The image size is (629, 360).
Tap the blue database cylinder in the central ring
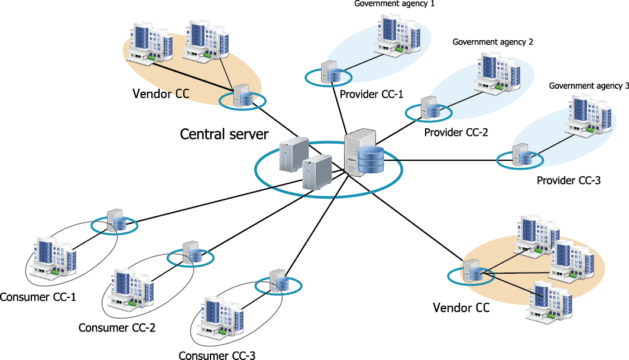[x=371, y=159]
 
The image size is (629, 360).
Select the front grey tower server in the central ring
[x=317, y=172]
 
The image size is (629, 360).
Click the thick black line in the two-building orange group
[x=183, y=78]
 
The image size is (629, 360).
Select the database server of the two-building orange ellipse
[x=242, y=96]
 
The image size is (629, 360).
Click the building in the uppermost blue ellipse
[x=398, y=34]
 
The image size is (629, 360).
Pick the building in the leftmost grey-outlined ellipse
[x=53, y=256]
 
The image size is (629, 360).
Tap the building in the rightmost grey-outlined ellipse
[x=221, y=316]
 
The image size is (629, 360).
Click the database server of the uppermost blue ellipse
[x=330, y=73]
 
